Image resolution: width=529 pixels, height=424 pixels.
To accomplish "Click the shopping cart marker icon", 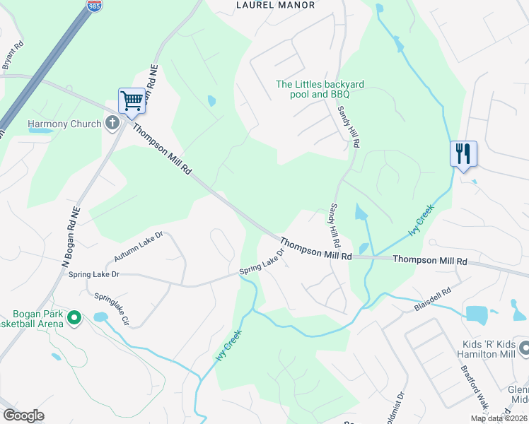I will [x=132, y=101].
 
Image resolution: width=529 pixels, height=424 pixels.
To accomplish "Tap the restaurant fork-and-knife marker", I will [x=463, y=153].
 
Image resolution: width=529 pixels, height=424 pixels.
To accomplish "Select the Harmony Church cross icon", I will [x=112, y=124].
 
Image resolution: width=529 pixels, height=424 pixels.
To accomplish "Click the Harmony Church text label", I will [x=65, y=124].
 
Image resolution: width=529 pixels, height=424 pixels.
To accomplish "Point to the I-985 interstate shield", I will [x=94, y=5].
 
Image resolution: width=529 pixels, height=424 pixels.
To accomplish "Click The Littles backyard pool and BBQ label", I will [x=320, y=89].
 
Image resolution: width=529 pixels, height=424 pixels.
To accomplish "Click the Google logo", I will [x=23, y=416].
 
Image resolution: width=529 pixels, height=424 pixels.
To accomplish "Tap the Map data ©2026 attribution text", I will [x=499, y=418].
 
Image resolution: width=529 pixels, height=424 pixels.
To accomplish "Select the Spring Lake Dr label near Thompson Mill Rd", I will [x=262, y=262].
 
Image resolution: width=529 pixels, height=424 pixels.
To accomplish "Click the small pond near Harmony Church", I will [x=41, y=131].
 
